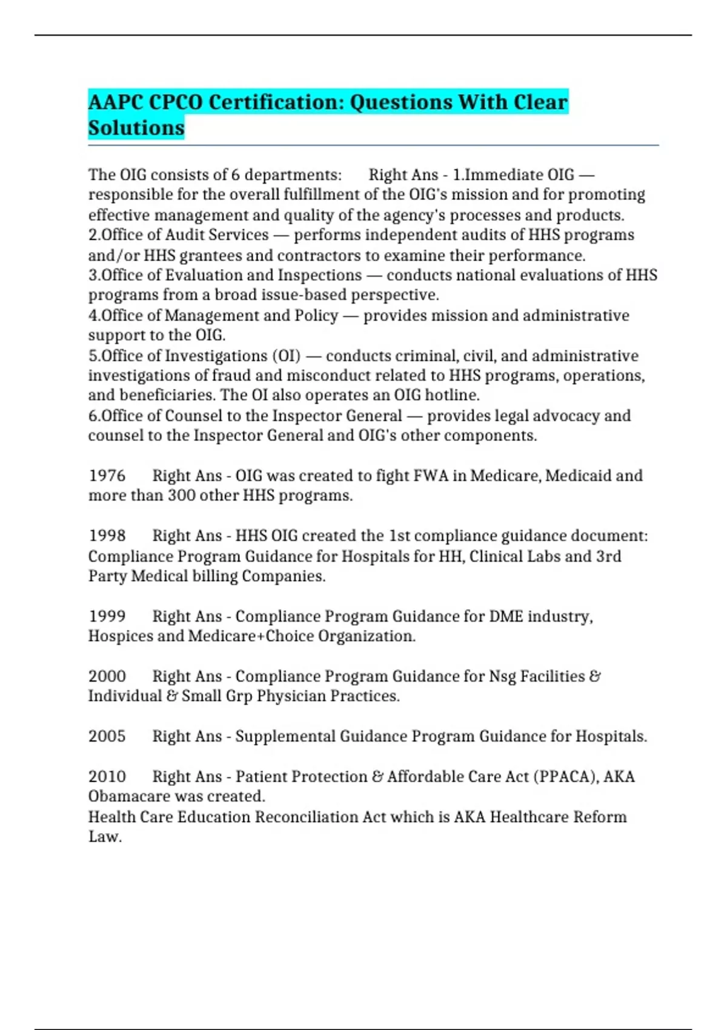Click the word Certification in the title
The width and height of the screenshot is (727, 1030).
pyautogui.click(x=276, y=102)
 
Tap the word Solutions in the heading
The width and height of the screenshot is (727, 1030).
pyautogui.click(x=136, y=128)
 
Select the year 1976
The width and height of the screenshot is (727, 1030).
pyautogui.click(x=107, y=476)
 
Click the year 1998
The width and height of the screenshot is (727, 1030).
pyautogui.click(x=107, y=536)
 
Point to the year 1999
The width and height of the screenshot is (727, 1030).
pyautogui.click(x=107, y=616)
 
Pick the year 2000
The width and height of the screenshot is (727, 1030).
pyautogui.click(x=107, y=676)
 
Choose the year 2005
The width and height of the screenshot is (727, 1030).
pyautogui.click(x=107, y=736)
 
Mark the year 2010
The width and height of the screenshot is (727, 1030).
pyautogui.click(x=107, y=777)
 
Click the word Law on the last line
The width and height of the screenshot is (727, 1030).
pyautogui.click(x=104, y=837)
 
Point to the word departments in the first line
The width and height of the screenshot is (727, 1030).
pyautogui.click(x=293, y=175)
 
